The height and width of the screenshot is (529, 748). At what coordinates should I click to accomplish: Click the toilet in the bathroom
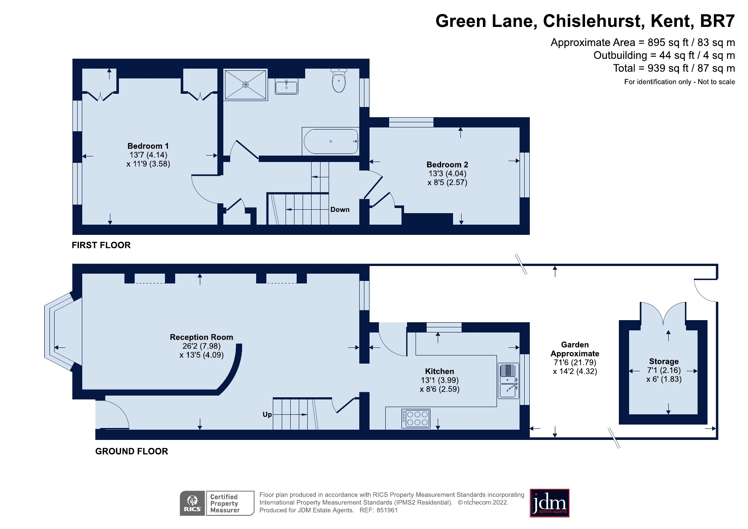tap(339, 81)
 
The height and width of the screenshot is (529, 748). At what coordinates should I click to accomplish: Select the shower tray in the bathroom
tap(245, 85)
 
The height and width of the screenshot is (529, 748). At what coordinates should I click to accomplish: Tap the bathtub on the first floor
tap(331, 142)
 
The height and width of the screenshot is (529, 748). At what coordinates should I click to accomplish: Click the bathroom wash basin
tap(286, 87)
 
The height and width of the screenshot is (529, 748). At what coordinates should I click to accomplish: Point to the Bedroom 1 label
tap(148, 146)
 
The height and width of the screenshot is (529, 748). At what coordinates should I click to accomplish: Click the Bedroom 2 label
tap(447, 165)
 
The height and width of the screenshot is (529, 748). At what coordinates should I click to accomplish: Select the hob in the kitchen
tap(416, 418)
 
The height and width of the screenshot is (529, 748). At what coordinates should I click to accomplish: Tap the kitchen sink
tap(508, 381)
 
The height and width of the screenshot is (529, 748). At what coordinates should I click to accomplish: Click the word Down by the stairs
tap(340, 210)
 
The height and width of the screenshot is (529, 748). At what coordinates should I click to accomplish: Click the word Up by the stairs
tap(267, 414)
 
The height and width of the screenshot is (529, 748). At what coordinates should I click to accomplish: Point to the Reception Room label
tap(201, 337)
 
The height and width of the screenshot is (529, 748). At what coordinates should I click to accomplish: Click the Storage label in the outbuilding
tap(664, 361)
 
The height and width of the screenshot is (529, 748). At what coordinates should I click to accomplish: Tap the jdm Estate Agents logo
tap(549, 503)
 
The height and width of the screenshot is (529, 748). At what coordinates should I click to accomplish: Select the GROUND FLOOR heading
tap(131, 451)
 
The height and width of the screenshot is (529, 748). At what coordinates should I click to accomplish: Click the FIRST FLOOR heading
tap(101, 245)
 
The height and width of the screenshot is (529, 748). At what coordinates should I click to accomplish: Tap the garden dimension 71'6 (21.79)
tap(575, 362)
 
